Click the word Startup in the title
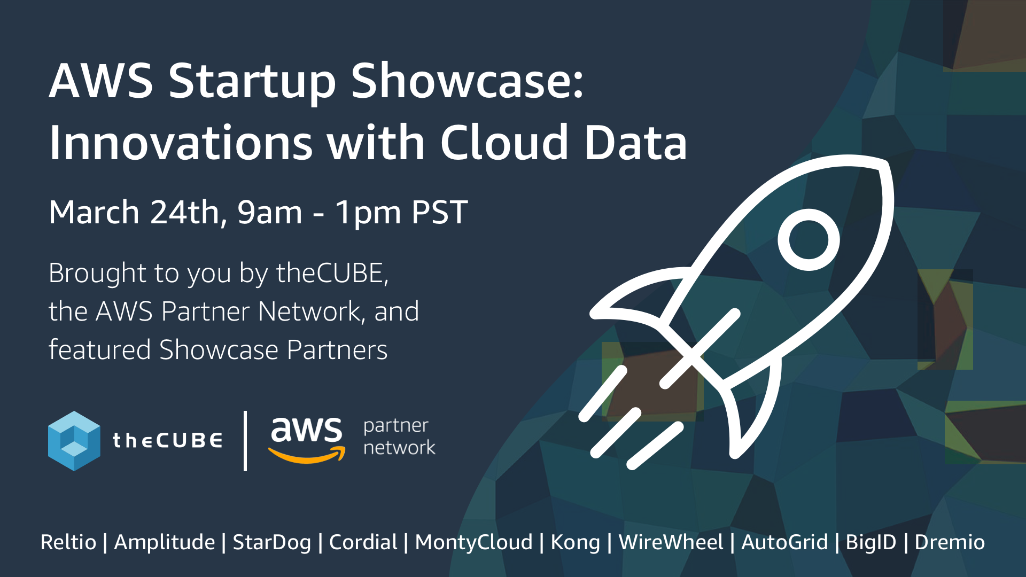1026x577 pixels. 252,81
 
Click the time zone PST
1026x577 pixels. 440,212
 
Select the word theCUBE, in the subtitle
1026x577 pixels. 332,273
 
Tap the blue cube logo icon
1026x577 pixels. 74,441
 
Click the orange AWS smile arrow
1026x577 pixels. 307,456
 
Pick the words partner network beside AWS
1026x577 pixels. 399,436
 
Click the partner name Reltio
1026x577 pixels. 68,542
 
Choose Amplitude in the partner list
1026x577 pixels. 165,542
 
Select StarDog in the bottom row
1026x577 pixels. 272,542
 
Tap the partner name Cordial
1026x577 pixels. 363,542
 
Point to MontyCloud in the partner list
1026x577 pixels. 474,542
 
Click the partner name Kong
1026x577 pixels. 576,542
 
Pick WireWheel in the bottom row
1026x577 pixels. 671,542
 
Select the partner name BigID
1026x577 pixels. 871,542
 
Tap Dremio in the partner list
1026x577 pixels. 950,542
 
